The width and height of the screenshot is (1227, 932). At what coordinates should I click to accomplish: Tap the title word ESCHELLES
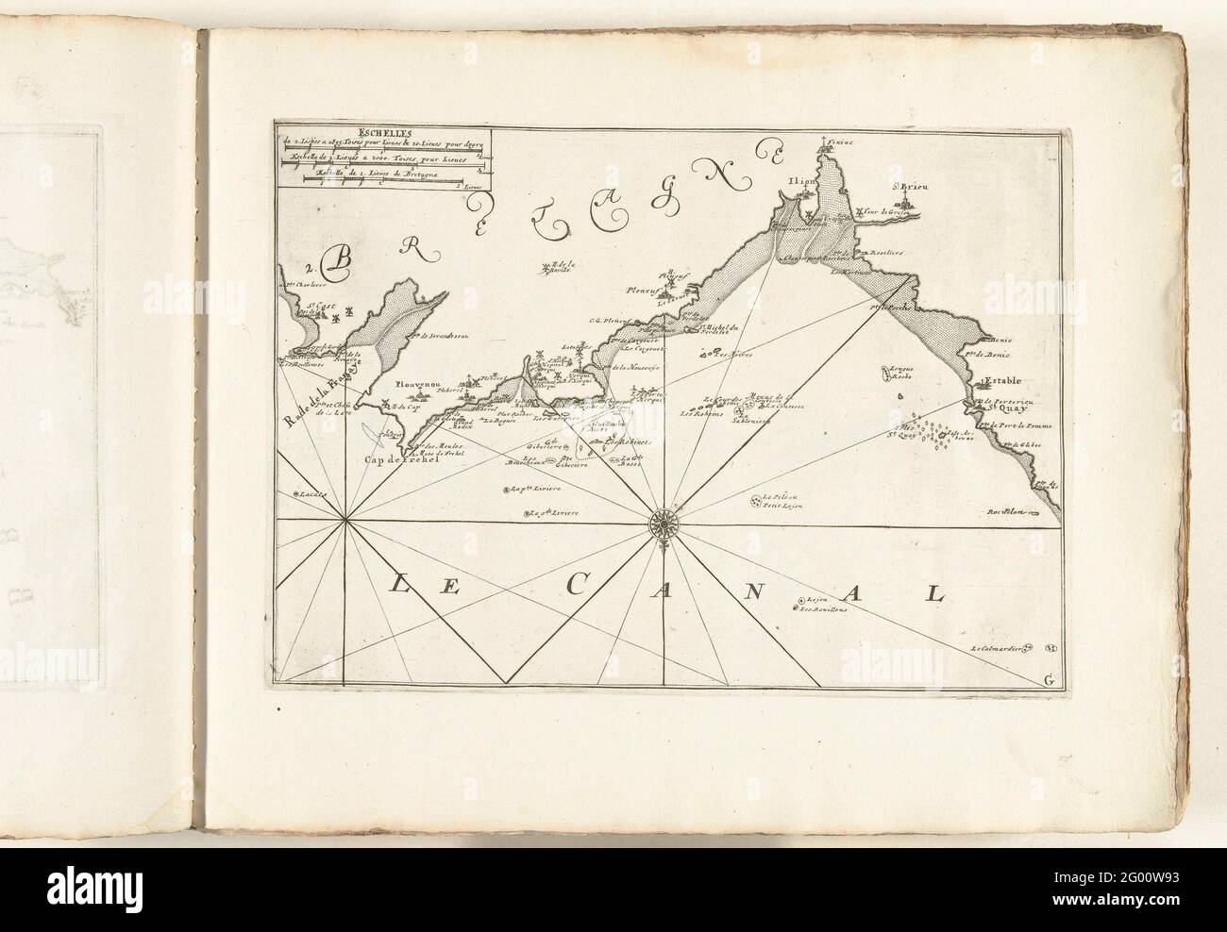click(388, 133)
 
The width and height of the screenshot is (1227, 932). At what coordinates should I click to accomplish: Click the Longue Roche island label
click(900, 371)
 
